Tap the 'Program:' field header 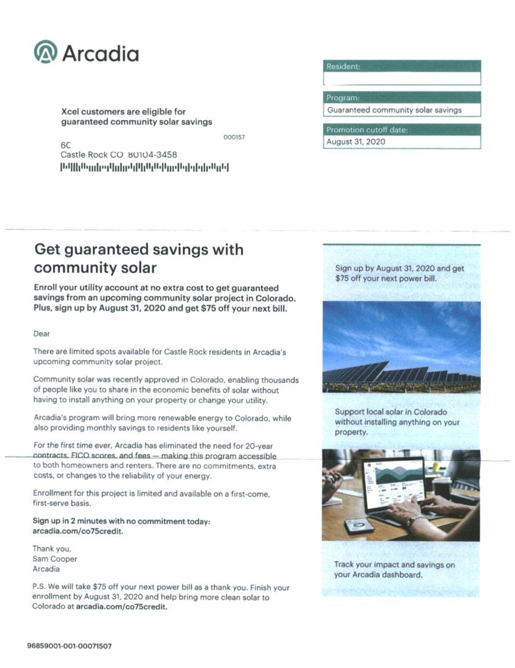tap(343, 98)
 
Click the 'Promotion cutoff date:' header tap(367, 130)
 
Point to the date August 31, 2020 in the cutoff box tap(356, 142)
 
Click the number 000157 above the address tap(234, 137)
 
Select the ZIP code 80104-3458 tap(152, 155)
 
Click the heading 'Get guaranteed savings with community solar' tap(138, 259)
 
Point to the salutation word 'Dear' tap(42, 334)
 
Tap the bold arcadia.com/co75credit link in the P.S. tap(122, 607)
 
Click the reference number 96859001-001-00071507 tap(70, 646)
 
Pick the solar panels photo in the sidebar tap(401, 347)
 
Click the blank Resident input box tap(402, 79)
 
